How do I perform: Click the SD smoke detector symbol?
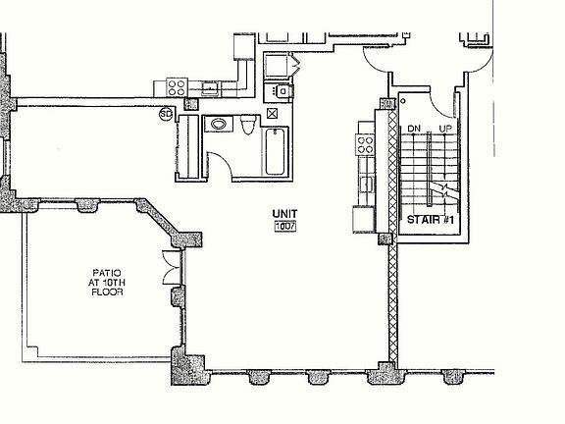tap(166, 114)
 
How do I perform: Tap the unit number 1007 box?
tap(285, 227)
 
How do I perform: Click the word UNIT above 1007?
tap(284, 214)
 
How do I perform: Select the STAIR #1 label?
tap(431, 220)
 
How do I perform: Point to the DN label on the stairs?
tap(414, 129)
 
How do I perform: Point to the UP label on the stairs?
tap(445, 129)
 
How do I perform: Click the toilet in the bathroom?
tap(248, 125)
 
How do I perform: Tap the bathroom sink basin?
tap(219, 125)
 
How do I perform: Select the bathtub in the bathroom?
tap(276, 152)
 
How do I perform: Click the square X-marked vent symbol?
tap(272, 113)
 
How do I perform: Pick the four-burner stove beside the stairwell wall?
tap(365, 144)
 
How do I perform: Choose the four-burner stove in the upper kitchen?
tap(177, 87)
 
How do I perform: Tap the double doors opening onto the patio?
tap(172, 268)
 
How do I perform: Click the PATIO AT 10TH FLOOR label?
tap(107, 283)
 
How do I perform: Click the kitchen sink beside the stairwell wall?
tap(367, 184)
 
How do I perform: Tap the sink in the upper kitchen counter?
tap(210, 87)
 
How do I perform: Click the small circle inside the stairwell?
tap(403, 101)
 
